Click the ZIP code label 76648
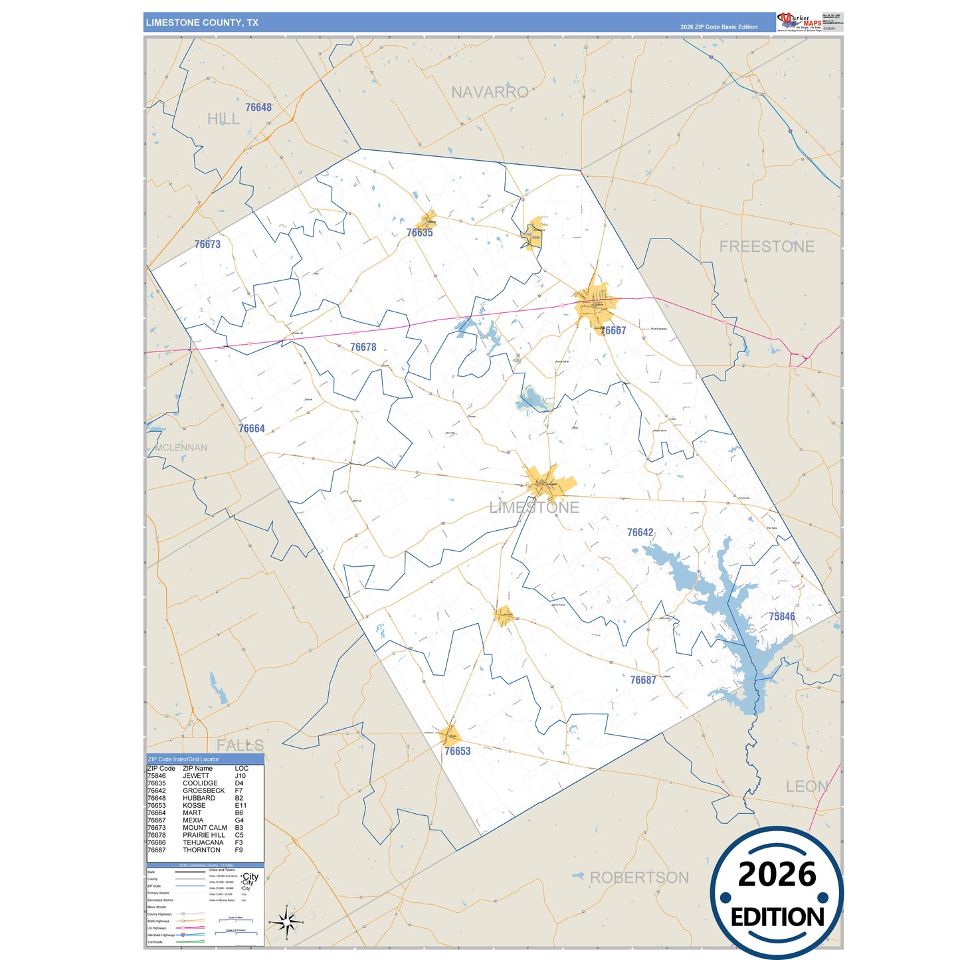coord(258,108)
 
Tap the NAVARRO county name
coord(490,92)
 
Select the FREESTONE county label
coord(767,246)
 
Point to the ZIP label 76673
coord(207,244)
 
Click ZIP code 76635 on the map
coord(419,233)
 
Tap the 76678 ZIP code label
coord(363,347)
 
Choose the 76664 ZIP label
coord(252,429)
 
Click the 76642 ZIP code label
coord(640,532)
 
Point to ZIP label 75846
coord(782,617)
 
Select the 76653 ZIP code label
coord(458,751)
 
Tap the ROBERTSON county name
coord(639,878)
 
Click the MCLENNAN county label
coord(181,448)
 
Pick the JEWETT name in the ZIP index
coord(196,776)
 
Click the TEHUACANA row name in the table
coord(203,842)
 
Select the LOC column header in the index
coord(241,769)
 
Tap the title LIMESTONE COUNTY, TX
coord(202,23)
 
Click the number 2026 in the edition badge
coord(777,874)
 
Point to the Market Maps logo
coord(799,21)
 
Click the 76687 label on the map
coord(643,680)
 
